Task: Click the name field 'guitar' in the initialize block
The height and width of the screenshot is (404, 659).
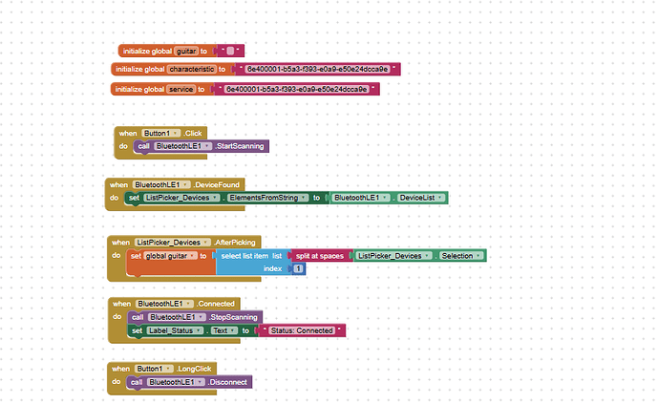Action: click(x=186, y=50)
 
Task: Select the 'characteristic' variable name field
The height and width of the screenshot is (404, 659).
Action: click(x=191, y=70)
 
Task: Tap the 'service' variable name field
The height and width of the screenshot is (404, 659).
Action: click(x=181, y=89)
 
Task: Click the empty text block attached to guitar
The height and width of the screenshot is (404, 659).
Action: click(x=231, y=50)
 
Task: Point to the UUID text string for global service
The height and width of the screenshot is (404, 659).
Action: click(x=296, y=89)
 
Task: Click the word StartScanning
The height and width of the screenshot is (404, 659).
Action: click(x=240, y=146)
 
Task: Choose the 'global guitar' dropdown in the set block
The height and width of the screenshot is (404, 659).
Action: click(x=170, y=256)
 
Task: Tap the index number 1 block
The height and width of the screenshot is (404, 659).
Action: click(x=299, y=269)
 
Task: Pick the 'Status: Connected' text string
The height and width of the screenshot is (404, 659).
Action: click(x=302, y=330)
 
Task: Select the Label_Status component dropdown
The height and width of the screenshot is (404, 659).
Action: click(x=174, y=330)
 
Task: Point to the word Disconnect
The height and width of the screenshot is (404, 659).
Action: click(x=229, y=382)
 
